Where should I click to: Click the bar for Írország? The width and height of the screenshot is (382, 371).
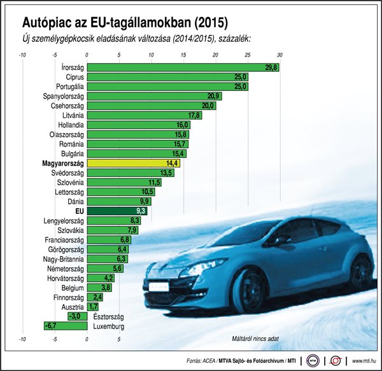click(x=183, y=67)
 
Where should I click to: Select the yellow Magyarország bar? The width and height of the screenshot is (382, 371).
click(x=133, y=164)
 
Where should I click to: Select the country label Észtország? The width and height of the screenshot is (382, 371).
click(x=108, y=316)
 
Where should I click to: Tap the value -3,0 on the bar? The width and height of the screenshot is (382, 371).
click(x=74, y=316)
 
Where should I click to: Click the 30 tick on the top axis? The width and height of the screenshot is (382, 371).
click(x=279, y=55)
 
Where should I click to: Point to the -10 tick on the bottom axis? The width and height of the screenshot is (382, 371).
click(x=22, y=340)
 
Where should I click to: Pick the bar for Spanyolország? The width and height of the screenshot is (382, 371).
click(x=153, y=96)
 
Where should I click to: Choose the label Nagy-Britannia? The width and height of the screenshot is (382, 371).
click(x=62, y=259)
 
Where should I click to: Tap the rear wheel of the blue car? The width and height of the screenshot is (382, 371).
click(x=362, y=271)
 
